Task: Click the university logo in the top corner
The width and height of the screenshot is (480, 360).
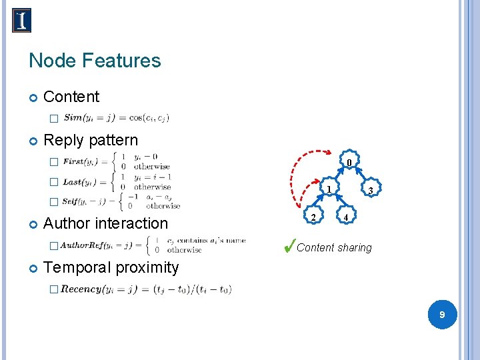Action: pyautogui.click(x=21, y=21)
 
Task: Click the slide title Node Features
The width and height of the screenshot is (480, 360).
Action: pyautogui.click(x=95, y=61)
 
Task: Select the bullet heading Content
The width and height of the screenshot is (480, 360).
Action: pyautogui.click(x=71, y=97)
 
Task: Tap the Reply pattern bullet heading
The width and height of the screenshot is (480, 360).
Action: pyautogui.click(x=90, y=141)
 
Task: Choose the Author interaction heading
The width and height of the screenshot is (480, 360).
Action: pyautogui.click(x=105, y=223)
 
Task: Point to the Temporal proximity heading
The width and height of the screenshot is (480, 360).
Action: pyautogui.click(x=111, y=268)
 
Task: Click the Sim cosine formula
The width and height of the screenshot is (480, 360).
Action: pyautogui.click(x=116, y=118)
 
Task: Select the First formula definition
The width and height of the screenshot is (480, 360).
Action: pyautogui.click(x=116, y=161)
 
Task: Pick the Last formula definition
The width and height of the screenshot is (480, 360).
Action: pyautogui.click(x=117, y=182)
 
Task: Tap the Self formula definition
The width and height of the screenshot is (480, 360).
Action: pyautogui.click(x=121, y=201)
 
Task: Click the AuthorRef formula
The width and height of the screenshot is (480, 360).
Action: pyautogui.click(x=152, y=245)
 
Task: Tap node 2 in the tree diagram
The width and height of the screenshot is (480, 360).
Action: pyautogui.click(x=313, y=217)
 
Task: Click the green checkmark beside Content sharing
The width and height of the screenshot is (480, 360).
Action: pyautogui.click(x=288, y=246)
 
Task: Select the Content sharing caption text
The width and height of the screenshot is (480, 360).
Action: pyautogui.click(x=334, y=248)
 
